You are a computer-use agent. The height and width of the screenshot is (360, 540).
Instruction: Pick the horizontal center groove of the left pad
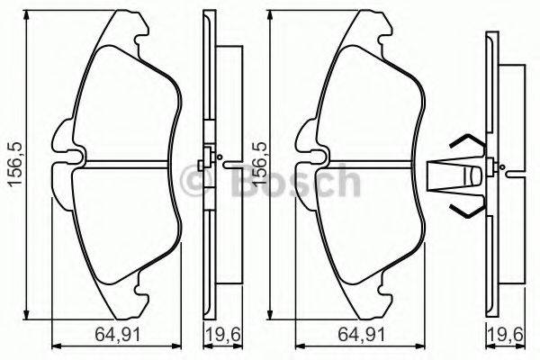pyautogui.click(x=126, y=164)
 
